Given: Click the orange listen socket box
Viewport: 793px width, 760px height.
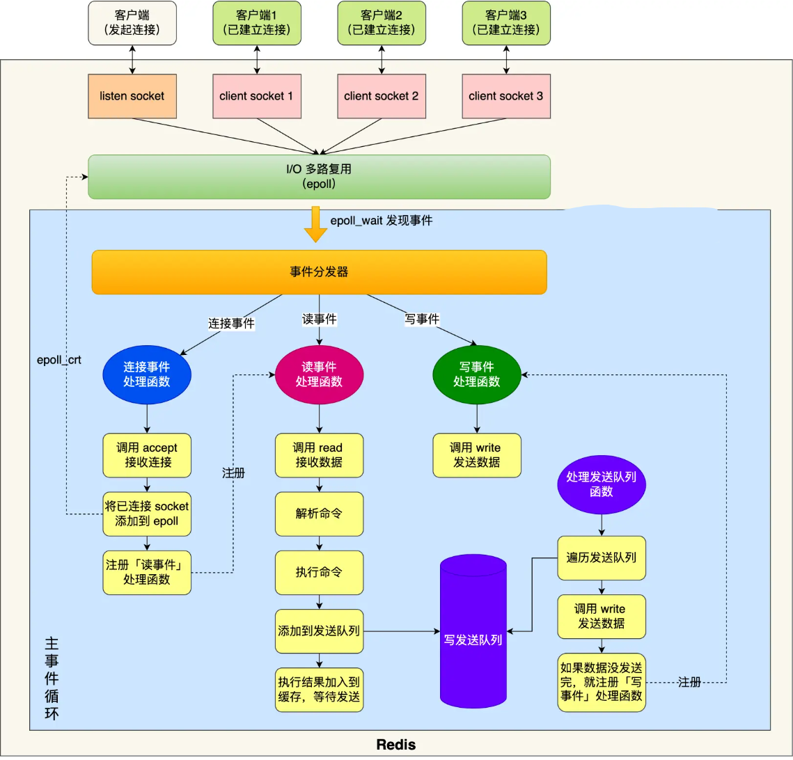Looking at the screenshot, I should [x=132, y=95].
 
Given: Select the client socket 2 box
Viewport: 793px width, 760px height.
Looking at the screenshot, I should [x=381, y=95].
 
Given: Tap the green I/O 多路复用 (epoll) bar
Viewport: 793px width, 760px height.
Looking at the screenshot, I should [x=319, y=177].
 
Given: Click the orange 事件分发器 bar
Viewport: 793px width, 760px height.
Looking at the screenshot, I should [x=319, y=271].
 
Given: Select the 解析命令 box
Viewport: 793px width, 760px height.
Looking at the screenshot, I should [x=319, y=514].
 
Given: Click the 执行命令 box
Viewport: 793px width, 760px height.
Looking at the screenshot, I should [x=319, y=572].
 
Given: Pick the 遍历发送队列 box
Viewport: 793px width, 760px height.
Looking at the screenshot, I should [x=602, y=557].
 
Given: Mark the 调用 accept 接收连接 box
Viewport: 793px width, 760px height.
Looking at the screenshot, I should [x=147, y=455].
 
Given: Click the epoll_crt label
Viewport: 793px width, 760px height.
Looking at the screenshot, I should [x=59, y=361].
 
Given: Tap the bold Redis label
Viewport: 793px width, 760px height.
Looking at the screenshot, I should [x=395, y=745].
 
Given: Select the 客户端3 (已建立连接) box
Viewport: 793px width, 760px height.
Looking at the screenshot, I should [x=506, y=23].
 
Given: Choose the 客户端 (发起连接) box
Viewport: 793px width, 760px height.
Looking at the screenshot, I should [x=132, y=23].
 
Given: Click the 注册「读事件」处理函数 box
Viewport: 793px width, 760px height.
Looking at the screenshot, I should [x=147, y=572].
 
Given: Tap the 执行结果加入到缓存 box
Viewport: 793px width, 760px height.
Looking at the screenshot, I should [x=319, y=690].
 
